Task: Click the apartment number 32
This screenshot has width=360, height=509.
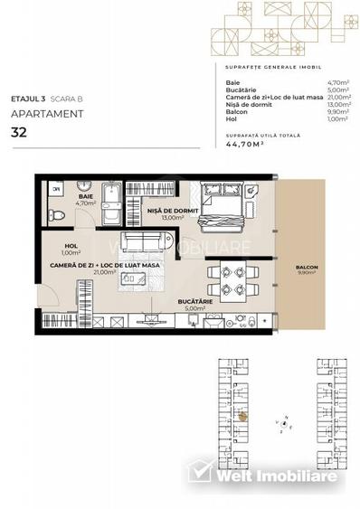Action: [x=19, y=132]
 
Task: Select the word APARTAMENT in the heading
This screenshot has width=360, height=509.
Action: [x=48, y=114]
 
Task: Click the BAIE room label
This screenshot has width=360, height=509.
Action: [x=87, y=197]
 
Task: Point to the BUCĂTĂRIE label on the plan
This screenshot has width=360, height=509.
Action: [x=193, y=304]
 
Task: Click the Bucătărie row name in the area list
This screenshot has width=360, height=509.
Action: [x=241, y=90]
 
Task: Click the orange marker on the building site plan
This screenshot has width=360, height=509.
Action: [x=242, y=417]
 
